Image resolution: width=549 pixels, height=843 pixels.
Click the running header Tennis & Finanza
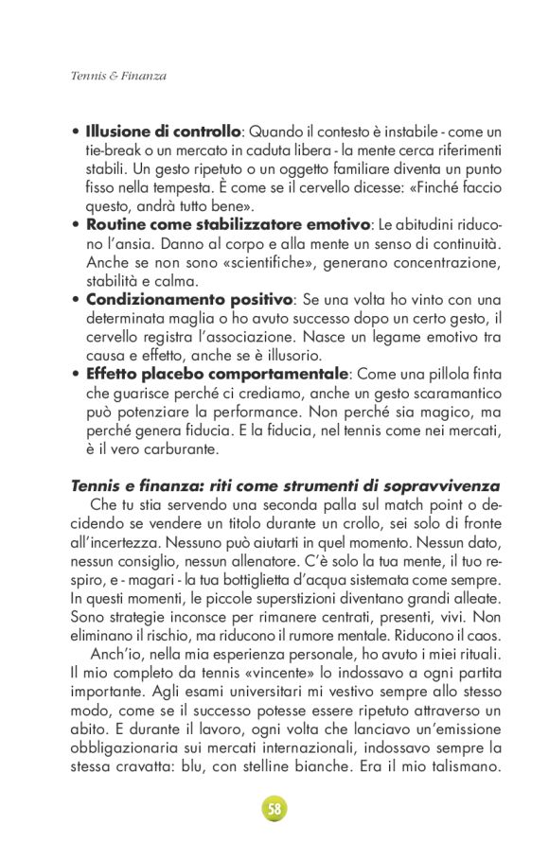(118, 75)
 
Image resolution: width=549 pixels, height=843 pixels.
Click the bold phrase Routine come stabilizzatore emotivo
(227, 224)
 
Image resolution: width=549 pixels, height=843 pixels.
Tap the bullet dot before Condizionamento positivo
(76, 300)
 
